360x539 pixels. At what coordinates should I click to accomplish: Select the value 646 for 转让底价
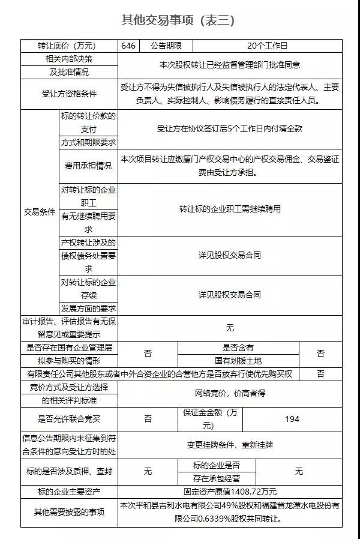point(128,46)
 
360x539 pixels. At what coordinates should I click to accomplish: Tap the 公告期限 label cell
point(166,46)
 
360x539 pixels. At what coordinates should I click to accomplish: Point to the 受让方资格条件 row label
point(69,94)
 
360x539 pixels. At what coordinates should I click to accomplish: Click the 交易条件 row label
point(40,212)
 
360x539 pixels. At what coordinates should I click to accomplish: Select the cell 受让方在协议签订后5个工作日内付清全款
point(230,128)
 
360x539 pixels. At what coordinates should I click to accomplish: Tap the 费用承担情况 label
point(88,166)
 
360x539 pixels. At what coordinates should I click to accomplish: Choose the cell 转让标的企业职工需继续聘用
point(230,209)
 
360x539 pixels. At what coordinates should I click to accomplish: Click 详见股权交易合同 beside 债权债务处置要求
point(230,254)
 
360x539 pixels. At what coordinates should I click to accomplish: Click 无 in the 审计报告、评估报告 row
point(230,328)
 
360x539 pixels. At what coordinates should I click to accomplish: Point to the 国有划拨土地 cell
point(238,361)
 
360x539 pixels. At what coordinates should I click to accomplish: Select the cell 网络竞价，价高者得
point(230,393)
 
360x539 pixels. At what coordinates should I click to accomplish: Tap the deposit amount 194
point(292,419)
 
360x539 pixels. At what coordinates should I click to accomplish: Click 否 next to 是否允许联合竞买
point(148,419)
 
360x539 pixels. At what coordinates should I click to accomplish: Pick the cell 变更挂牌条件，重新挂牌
point(230,445)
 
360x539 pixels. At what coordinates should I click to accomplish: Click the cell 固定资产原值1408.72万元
point(230,492)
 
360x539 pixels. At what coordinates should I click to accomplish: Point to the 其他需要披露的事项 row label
point(69,512)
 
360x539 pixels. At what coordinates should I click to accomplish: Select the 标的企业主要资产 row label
point(69,492)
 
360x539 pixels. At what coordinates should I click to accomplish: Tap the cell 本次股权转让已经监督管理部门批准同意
point(230,65)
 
